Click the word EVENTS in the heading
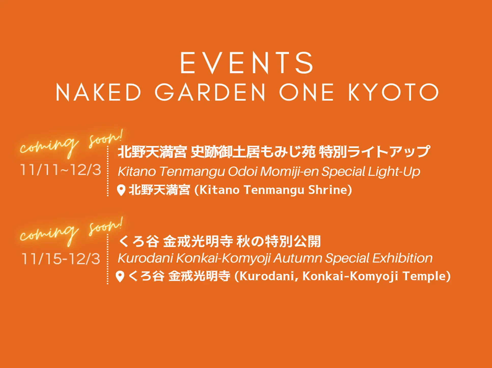[x=247, y=63]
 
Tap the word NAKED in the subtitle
[x=98, y=92]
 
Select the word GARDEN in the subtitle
[x=210, y=92]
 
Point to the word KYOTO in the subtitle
[x=393, y=92]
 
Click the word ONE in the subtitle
[x=307, y=92]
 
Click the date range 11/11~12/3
[x=61, y=170]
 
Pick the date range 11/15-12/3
[x=61, y=259]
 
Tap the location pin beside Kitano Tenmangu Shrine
[x=121, y=190]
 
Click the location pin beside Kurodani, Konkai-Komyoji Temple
[x=120, y=276]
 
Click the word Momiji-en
[x=289, y=172]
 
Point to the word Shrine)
[x=330, y=190]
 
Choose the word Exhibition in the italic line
[x=402, y=258]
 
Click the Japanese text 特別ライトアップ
[x=374, y=152]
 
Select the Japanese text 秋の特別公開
[x=279, y=241]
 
